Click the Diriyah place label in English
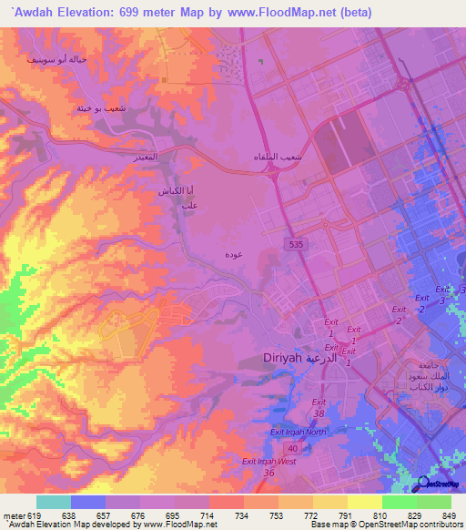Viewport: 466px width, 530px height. click(x=282, y=359)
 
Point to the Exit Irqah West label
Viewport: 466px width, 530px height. click(x=269, y=462)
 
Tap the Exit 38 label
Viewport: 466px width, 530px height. click(x=319, y=407)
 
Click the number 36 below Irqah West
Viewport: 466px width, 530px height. click(x=268, y=473)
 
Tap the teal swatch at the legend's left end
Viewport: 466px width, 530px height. click(x=54, y=502)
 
